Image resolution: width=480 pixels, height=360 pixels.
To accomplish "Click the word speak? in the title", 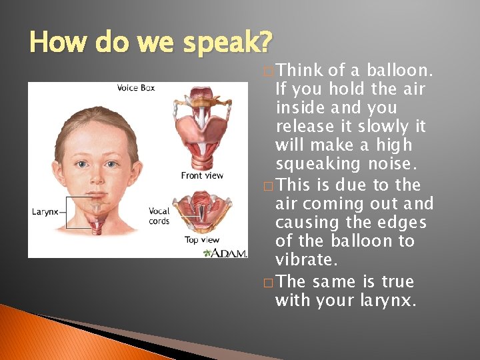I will coord(226,43).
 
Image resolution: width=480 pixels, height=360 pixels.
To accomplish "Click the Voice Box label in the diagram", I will coord(136,88).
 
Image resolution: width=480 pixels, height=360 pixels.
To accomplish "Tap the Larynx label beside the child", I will coord(45,212).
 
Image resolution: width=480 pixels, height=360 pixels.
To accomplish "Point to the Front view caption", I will coord(202,175).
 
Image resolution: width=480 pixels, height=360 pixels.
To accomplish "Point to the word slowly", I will coord(384,127).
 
